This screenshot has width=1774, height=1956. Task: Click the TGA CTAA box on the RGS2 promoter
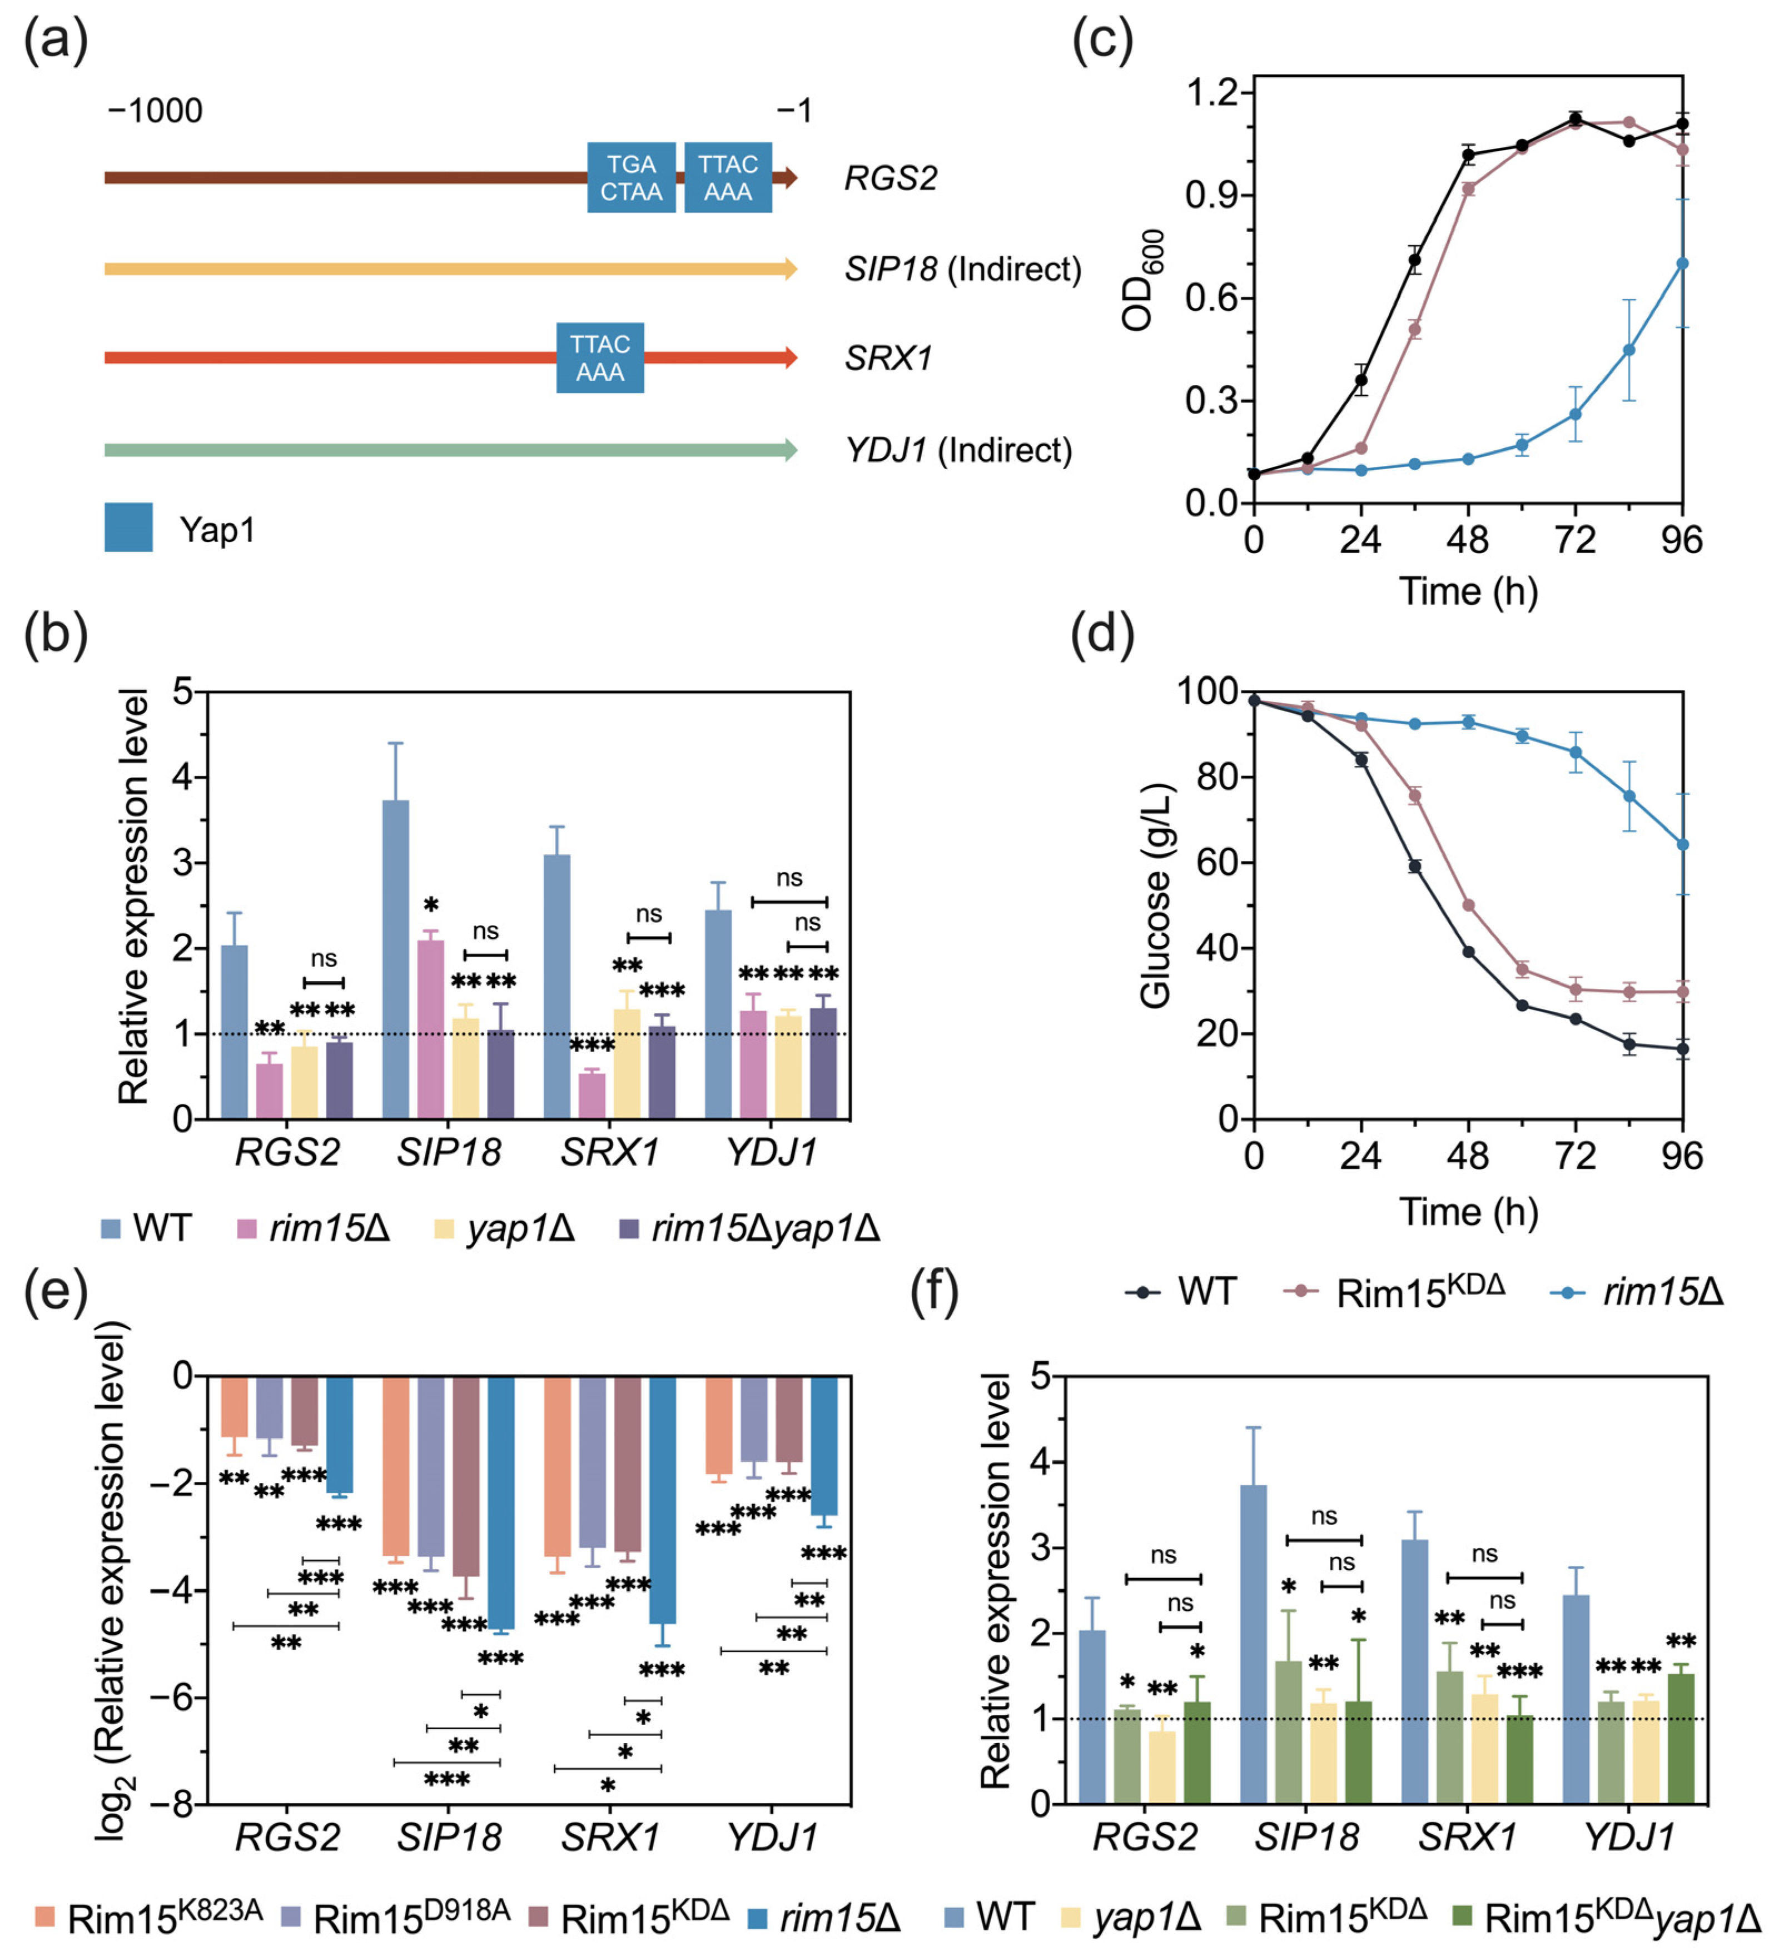[x=631, y=177]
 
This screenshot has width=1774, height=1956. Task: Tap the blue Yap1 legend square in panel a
[x=128, y=527]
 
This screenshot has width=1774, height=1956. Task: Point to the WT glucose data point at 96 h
[x=1682, y=1049]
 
